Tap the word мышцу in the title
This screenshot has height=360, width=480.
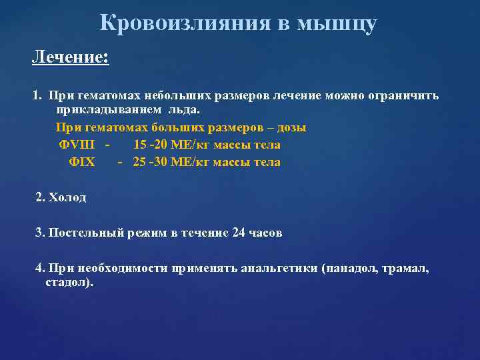pyautogui.click(x=337, y=23)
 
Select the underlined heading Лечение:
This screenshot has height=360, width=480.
pyautogui.click(x=70, y=58)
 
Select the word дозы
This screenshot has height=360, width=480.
pyautogui.click(x=292, y=127)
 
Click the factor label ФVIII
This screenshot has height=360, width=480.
pyautogui.click(x=77, y=145)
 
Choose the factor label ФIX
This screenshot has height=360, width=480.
pyautogui.click(x=82, y=162)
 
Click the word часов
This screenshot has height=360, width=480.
pyautogui.click(x=266, y=233)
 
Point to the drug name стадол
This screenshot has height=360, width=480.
pyautogui.click(x=67, y=282)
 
